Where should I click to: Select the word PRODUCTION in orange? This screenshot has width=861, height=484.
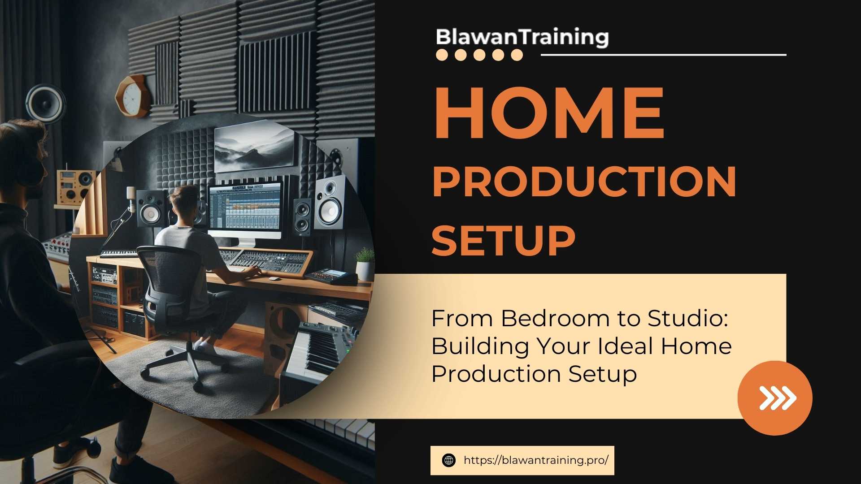coord(584,181)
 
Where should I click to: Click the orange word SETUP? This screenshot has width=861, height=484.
coord(503,241)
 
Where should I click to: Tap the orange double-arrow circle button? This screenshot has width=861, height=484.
coord(774,398)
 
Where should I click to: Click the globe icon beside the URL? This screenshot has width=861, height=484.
coord(448,460)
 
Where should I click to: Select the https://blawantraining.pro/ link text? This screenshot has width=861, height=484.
coord(536,460)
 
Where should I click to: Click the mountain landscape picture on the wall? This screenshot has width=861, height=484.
coord(254,147)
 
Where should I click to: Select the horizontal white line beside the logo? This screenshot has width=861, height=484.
coord(663,55)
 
